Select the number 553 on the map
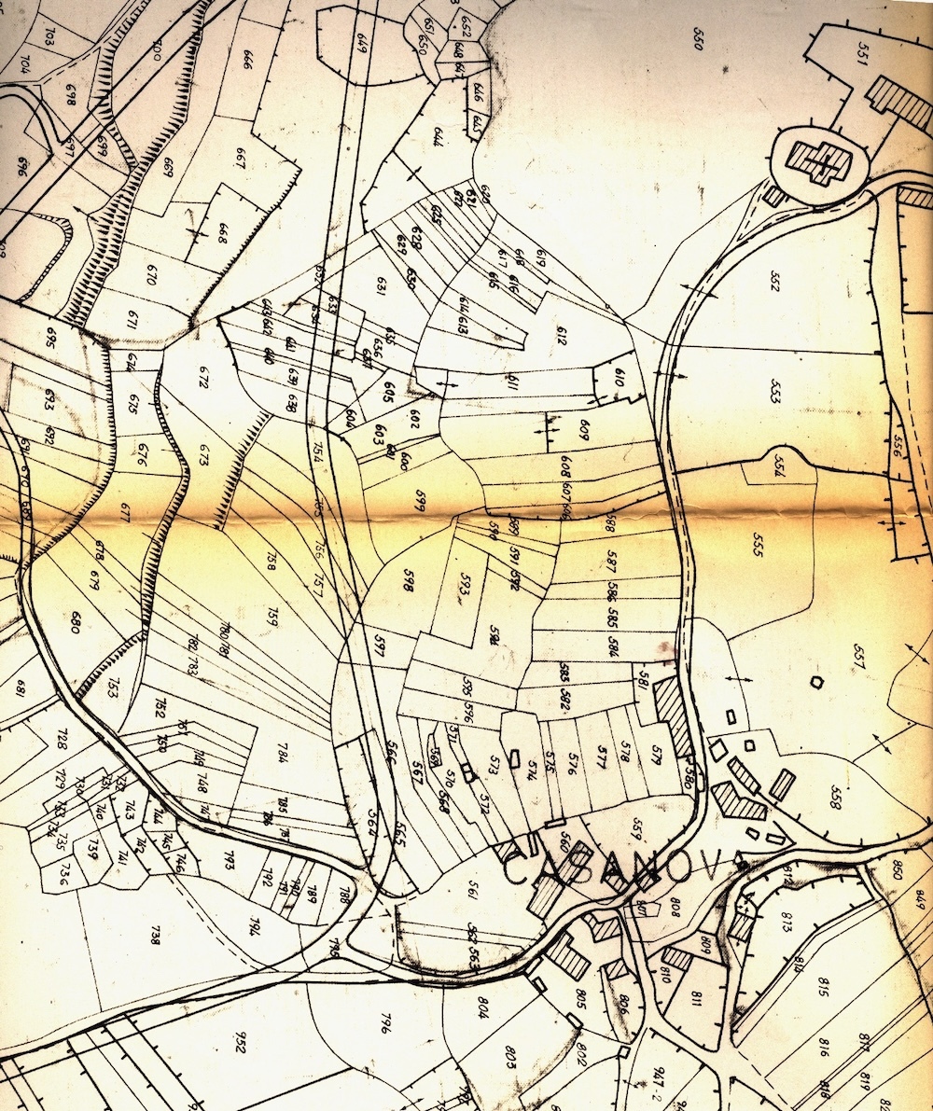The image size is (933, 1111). pyautogui.click(x=775, y=392)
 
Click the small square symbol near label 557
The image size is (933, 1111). pyautogui.click(x=817, y=683)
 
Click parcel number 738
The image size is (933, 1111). pyautogui.click(x=155, y=936)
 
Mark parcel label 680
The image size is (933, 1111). pyautogui.click(x=77, y=622)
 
